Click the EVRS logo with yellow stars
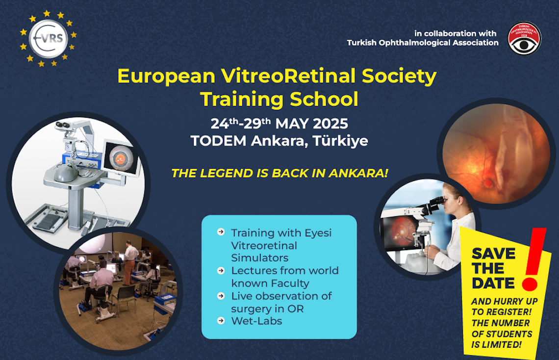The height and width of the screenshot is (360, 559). click(x=48, y=38)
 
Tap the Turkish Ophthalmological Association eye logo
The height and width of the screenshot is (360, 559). click(x=524, y=38)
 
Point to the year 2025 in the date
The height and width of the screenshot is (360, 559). click(x=330, y=124)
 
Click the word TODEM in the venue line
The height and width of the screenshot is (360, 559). click(x=218, y=140)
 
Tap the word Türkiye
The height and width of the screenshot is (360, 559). click(x=340, y=140)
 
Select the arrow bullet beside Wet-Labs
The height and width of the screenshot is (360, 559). click(x=221, y=321)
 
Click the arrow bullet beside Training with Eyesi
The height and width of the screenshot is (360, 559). click(x=221, y=232)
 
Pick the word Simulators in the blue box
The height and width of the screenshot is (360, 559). click(x=259, y=257)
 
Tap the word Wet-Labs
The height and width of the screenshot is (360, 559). click(x=256, y=321)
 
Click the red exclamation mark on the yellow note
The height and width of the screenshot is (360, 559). click(x=534, y=259)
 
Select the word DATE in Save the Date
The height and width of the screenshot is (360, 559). click(x=493, y=283)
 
